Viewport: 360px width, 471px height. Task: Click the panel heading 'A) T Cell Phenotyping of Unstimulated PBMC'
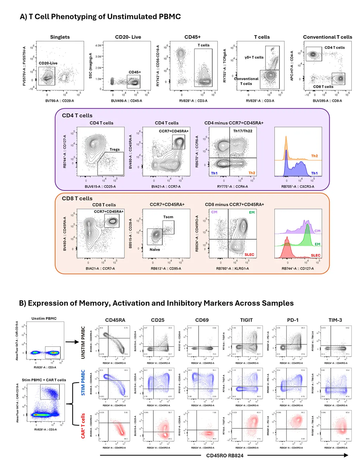100,17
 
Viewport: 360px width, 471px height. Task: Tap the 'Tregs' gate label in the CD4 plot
114,149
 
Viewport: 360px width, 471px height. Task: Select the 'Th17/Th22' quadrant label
243,131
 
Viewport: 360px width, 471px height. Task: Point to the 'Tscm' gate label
168,217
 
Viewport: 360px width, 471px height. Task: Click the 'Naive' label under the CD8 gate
155,250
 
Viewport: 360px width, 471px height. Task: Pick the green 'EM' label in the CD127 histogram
317,244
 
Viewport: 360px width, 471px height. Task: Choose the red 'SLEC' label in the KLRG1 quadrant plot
249,255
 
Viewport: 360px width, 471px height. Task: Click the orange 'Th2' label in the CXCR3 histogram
314,156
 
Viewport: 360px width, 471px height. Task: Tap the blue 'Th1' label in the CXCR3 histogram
314,173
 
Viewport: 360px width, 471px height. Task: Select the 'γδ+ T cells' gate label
254,57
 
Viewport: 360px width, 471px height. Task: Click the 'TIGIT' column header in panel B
246,320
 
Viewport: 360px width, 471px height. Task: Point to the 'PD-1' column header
292,320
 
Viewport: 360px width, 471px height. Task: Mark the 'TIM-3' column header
335,320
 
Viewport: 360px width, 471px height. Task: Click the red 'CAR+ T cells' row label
83,426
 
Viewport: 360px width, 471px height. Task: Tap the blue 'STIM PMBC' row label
83,383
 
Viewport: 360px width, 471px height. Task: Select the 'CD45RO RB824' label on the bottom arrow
225,456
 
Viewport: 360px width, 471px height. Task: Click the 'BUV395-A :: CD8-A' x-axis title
327,101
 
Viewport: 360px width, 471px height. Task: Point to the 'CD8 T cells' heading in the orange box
77,199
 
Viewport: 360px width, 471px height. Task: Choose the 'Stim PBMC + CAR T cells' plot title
44,380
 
